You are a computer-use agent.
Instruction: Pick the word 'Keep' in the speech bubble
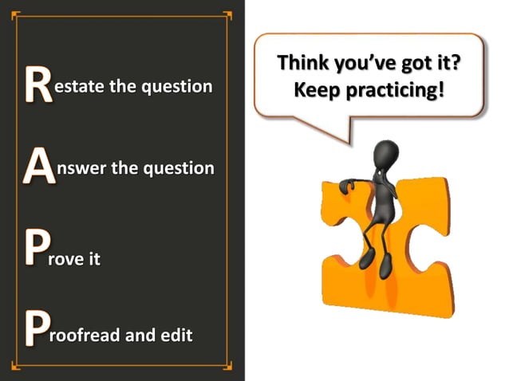click(x=314, y=88)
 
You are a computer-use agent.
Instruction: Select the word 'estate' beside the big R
click(x=79, y=86)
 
